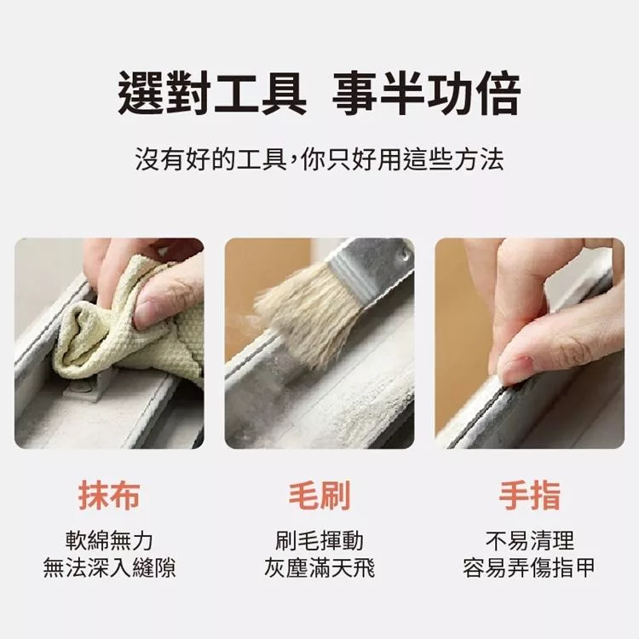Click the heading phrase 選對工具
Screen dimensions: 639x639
click(x=212, y=93)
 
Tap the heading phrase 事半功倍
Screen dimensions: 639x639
click(x=427, y=93)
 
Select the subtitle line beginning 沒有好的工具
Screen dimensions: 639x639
click(x=319, y=159)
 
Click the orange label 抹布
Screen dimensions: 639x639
click(x=109, y=496)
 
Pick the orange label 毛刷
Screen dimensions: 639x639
click(x=319, y=496)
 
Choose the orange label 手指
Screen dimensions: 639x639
click(x=530, y=496)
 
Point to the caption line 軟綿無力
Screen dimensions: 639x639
click(x=109, y=541)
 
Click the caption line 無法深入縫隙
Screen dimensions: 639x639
click(x=109, y=567)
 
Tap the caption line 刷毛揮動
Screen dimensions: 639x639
click(x=319, y=541)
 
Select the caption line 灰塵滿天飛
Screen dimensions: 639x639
click(x=319, y=567)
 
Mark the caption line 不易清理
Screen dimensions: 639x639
click(x=530, y=541)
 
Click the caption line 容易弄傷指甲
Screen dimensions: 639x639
click(x=530, y=567)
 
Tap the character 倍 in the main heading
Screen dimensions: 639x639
click(x=499, y=93)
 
